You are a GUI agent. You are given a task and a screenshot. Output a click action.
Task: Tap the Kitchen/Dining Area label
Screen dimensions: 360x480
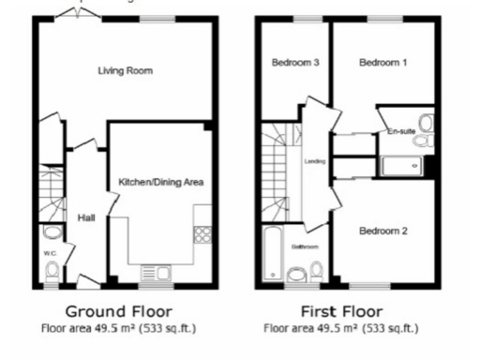pyautogui.click(x=160, y=181)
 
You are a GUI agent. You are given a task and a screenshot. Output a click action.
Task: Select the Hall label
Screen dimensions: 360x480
pyautogui.click(x=85, y=217)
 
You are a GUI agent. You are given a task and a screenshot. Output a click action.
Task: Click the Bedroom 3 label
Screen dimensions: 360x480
pyautogui.click(x=296, y=63)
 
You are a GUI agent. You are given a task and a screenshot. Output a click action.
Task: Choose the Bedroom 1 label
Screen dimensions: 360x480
pyautogui.click(x=383, y=63)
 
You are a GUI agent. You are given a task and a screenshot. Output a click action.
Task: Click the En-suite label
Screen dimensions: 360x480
pyautogui.click(x=401, y=133)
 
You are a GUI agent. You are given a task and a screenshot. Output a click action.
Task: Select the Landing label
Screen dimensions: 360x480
pyautogui.click(x=315, y=161)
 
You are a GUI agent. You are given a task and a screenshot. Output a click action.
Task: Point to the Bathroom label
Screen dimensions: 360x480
pyautogui.click(x=304, y=247)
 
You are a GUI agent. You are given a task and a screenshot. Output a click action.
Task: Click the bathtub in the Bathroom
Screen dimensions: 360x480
pyautogui.click(x=272, y=253)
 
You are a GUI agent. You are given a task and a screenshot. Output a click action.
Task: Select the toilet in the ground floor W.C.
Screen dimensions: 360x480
pyautogui.click(x=52, y=270)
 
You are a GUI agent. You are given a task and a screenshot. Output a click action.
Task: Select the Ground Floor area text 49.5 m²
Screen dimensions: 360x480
pyautogui.click(x=117, y=328)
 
